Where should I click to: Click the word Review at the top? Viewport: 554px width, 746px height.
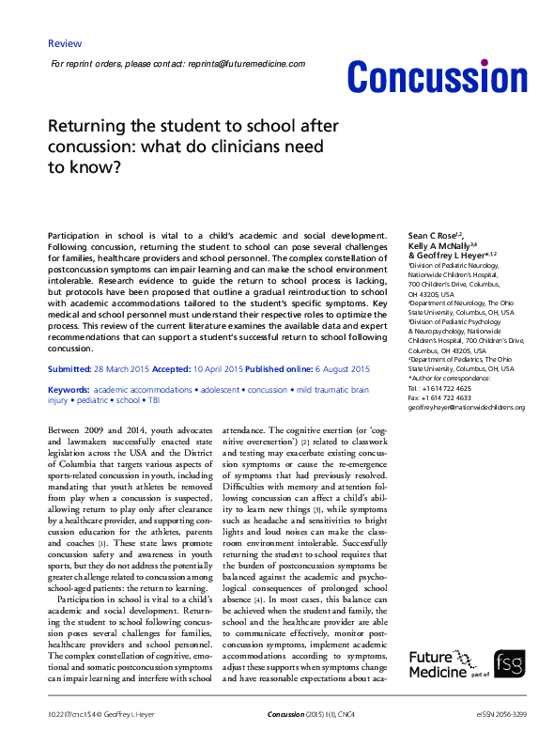pos(64,43)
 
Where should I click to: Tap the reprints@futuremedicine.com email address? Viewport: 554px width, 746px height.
pos(247,63)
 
